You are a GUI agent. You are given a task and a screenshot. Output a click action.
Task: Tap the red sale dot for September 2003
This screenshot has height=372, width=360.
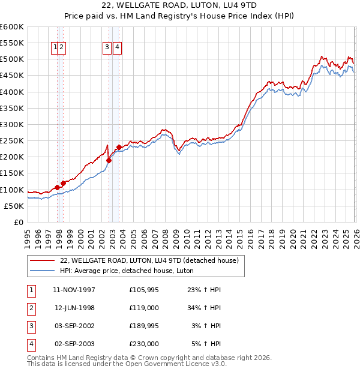(x=119, y=147)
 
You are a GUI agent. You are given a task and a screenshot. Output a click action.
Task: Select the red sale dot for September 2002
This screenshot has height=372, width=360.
(x=109, y=160)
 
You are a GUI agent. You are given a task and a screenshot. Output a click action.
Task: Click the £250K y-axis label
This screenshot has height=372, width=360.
(x=12, y=141)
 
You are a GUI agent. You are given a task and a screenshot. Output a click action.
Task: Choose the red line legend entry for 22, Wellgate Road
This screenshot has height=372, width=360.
(x=149, y=260)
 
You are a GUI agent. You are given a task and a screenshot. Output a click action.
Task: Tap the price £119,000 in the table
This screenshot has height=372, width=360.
(x=144, y=308)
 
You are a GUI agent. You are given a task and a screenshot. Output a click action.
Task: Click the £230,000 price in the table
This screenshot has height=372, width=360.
(x=144, y=344)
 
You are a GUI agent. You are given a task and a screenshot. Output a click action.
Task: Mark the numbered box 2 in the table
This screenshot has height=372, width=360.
(x=31, y=308)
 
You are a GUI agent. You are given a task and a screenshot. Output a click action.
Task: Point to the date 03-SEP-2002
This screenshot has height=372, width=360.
(x=74, y=326)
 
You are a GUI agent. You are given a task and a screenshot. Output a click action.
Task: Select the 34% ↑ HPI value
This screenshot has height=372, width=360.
(x=204, y=308)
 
